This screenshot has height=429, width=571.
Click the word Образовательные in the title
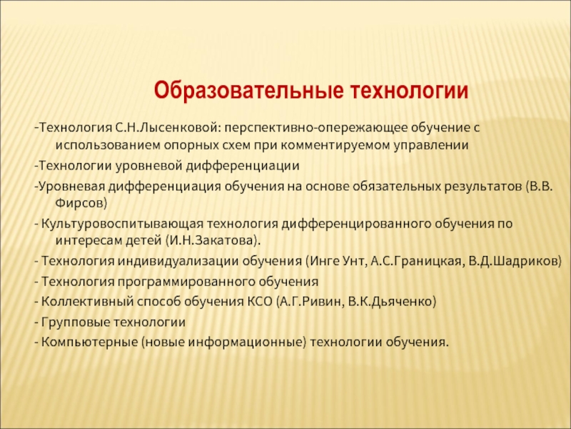[x=248, y=91]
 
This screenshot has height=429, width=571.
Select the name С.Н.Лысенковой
[x=168, y=127]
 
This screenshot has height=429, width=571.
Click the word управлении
[x=431, y=146]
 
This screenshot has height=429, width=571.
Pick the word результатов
[x=482, y=187]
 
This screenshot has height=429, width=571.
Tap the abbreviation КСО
[x=260, y=302]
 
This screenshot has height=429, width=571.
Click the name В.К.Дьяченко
[x=390, y=302]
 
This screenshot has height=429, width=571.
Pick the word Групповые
[x=76, y=322]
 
